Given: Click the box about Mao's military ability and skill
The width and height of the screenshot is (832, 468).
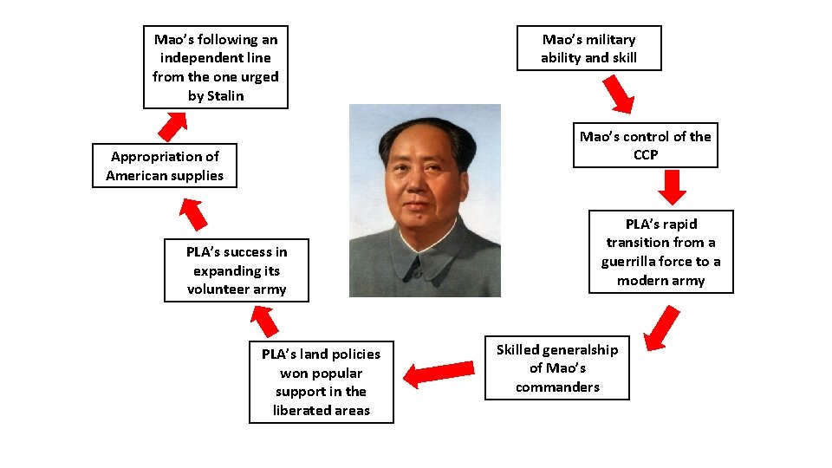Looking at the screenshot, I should [x=588, y=49].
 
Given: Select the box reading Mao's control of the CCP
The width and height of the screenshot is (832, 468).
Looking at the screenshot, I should [x=646, y=145].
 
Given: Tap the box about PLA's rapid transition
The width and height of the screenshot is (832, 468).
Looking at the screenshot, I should [x=660, y=251].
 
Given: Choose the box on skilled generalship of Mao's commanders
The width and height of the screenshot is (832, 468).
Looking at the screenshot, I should [x=557, y=368].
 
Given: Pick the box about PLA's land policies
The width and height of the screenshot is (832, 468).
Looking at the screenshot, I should [x=321, y=382].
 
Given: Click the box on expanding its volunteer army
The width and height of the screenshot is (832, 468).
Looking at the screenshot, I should [x=237, y=270].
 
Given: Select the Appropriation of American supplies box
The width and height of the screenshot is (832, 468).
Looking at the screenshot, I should [x=165, y=166].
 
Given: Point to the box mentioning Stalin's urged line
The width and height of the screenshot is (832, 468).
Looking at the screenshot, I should [x=215, y=67].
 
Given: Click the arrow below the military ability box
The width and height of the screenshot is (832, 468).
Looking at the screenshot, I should [x=619, y=94].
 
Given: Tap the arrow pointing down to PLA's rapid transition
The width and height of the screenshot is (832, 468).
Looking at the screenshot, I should [x=673, y=186].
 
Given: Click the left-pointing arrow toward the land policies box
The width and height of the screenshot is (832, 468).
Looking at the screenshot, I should [x=439, y=374].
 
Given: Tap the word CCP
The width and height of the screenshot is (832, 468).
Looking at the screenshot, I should [x=646, y=154].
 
